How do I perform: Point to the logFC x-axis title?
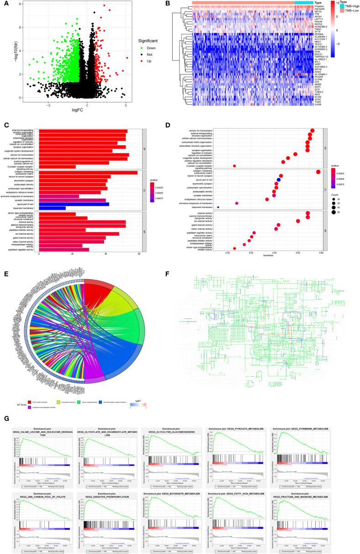click(77, 109)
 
